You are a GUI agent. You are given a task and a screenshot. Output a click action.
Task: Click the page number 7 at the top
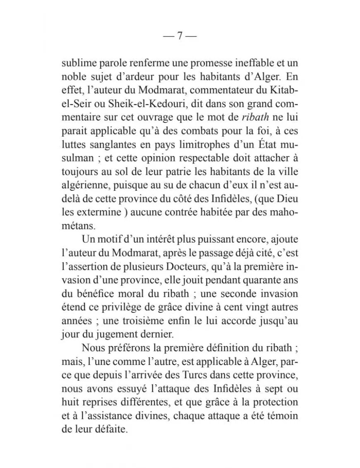tap(180, 36)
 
